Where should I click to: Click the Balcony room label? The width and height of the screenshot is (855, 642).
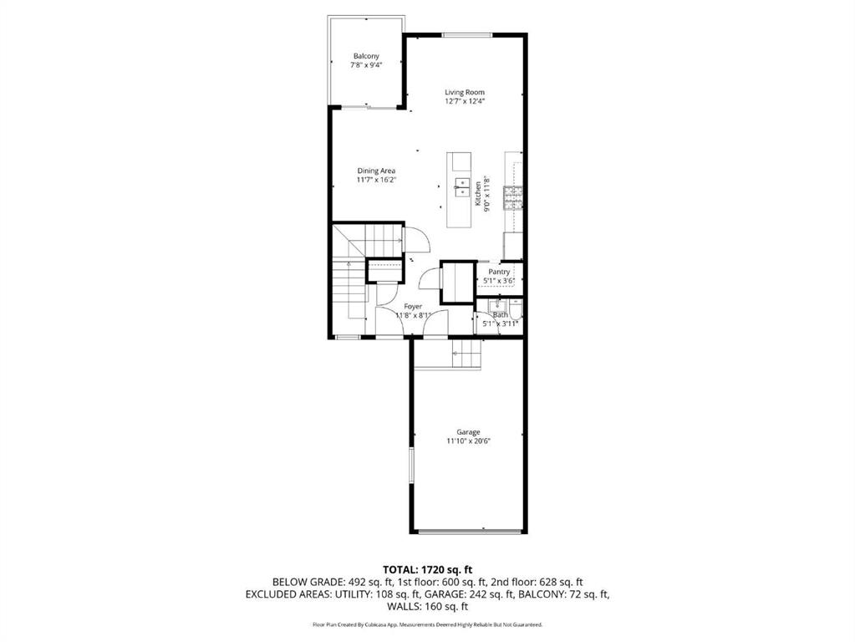pyautogui.click(x=366, y=56)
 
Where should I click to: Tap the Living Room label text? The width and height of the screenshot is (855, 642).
pyautogui.click(x=465, y=92)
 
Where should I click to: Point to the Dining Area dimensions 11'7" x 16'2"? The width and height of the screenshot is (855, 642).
pyautogui.click(x=376, y=180)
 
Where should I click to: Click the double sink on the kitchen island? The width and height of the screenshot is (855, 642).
pyautogui.click(x=462, y=186)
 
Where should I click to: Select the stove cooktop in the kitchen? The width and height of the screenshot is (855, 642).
pyautogui.click(x=513, y=197)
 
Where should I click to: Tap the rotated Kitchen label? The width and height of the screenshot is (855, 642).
pyautogui.click(x=478, y=194)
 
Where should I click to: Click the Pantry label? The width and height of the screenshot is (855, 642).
pyautogui.click(x=499, y=272)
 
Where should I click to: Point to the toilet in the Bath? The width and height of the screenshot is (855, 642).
pyautogui.click(x=517, y=310)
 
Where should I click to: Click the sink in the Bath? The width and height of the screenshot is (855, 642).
pyautogui.click(x=497, y=303)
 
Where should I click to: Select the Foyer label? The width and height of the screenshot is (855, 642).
pyautogui.click(x=413, y=307)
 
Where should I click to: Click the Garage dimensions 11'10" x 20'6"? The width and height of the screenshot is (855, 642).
pyautogui.click(x=468, y=441)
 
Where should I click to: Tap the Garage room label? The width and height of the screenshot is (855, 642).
pyautogui.click(x=468, y=432)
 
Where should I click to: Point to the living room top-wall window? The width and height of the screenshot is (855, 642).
pyautogui.click(x=466, y=35)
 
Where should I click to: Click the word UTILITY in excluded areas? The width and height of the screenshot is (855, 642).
pyautogui.click(x=352, y=594)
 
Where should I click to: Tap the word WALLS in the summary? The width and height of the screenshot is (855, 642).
pyautogui.click(x=403, y=607)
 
